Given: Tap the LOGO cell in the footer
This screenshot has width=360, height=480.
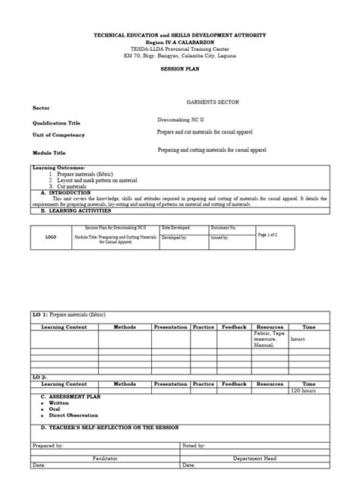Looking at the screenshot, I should coord(51,237).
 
